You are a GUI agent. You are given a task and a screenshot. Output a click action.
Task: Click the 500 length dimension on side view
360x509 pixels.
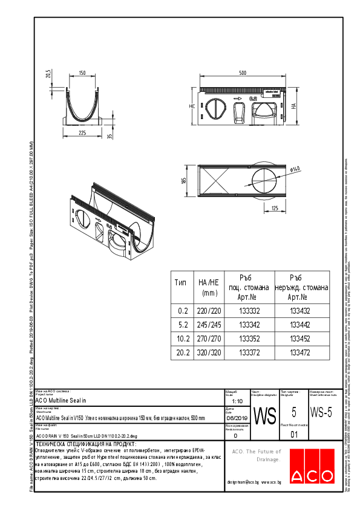tap(243, 73)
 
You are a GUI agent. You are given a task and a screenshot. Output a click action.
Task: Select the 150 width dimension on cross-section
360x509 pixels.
tap(82, 74)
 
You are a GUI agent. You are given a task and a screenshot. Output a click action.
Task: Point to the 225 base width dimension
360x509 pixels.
tap(82, 132)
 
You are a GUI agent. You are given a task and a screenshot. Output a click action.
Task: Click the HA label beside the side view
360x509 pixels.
tap(293, 105)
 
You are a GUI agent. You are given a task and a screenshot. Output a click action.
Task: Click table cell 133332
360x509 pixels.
tap(250, 311)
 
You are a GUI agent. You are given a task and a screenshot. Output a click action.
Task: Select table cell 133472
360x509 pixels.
tap(299, 351)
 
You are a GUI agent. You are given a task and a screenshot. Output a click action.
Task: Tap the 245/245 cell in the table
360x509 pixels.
tap(208, 325)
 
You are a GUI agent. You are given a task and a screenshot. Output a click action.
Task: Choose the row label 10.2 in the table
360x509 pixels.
tap(181, 338)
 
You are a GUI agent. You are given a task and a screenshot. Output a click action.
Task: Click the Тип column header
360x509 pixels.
tap(181, 282)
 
